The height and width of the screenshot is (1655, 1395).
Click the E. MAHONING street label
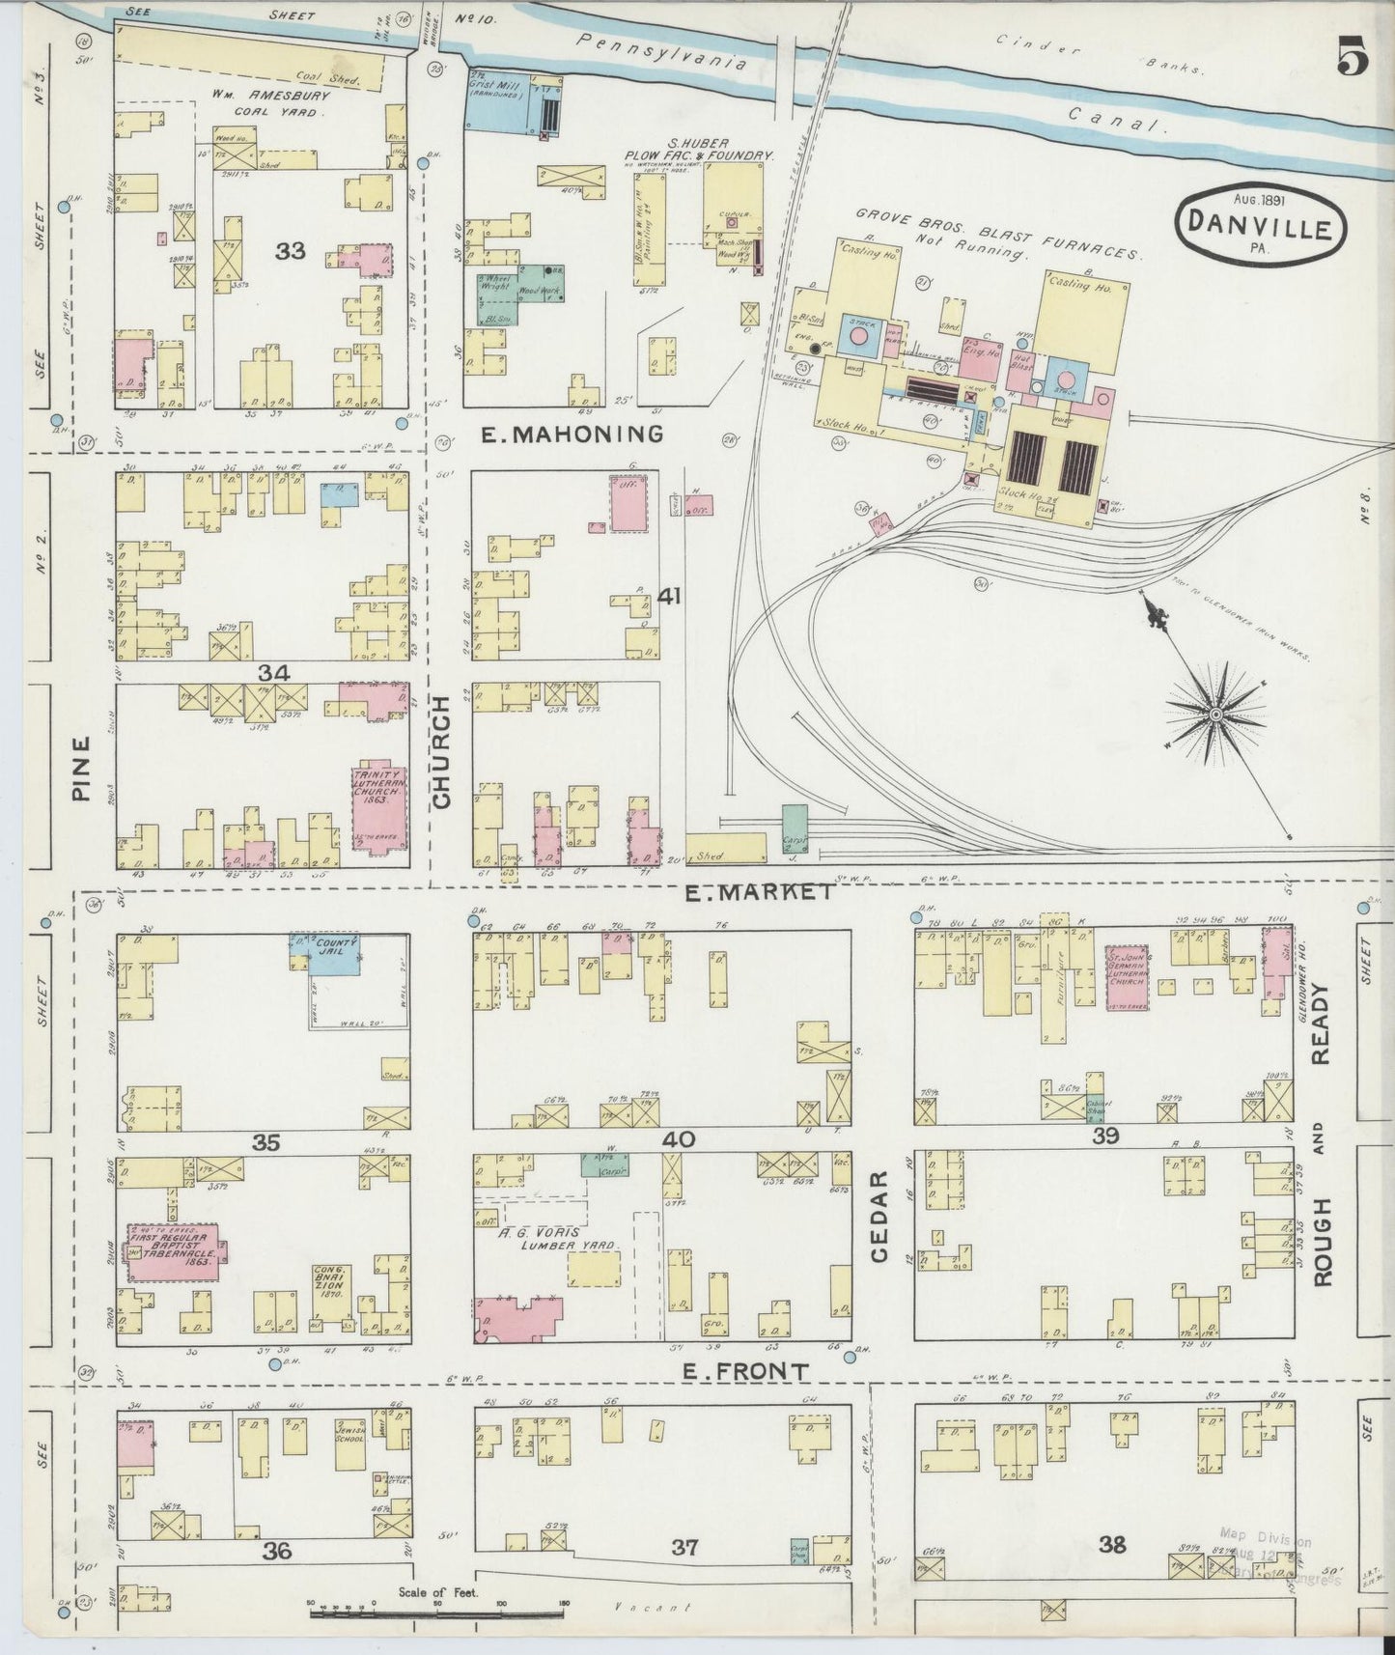(572, 435)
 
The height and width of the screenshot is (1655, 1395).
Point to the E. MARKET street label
(760, 893)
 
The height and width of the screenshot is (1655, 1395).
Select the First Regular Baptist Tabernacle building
(175, 1251)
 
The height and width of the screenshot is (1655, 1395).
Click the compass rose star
(1215, 714)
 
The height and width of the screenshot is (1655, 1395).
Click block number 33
(290, 251)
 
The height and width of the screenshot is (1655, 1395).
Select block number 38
(1112, 1545)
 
